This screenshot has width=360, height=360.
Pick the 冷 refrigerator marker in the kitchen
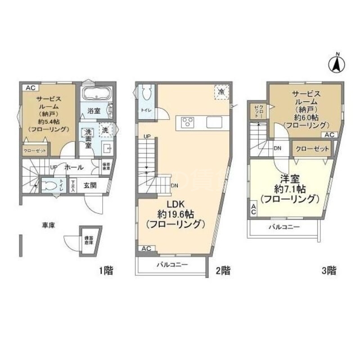click(x=221, y=92)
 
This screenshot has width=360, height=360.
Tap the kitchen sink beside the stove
click(x=213, y=122)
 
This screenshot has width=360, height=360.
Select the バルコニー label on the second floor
click(x=172, y=265)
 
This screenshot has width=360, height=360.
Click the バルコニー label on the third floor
click(x=284, y=227)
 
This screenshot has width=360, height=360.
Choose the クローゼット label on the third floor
click(x=312, y=149)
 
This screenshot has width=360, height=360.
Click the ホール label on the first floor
click(x=74, y=167)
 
